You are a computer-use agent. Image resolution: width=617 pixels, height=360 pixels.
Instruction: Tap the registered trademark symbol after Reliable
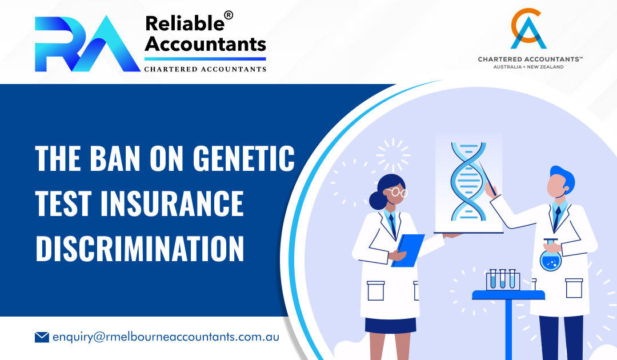tap(229, 15)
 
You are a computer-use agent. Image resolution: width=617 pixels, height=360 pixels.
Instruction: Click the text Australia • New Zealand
tap(528, 67)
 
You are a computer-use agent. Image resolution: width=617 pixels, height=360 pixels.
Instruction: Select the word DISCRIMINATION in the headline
tap(140, 249)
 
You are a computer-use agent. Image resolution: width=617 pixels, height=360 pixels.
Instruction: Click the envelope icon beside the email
tap(42, 337)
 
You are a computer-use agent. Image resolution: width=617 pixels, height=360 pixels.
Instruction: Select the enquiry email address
tap(166, 337)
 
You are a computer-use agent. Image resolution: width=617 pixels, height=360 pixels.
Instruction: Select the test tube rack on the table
tap(503, 280)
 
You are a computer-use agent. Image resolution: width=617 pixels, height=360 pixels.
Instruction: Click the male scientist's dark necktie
tap(557, 217)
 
